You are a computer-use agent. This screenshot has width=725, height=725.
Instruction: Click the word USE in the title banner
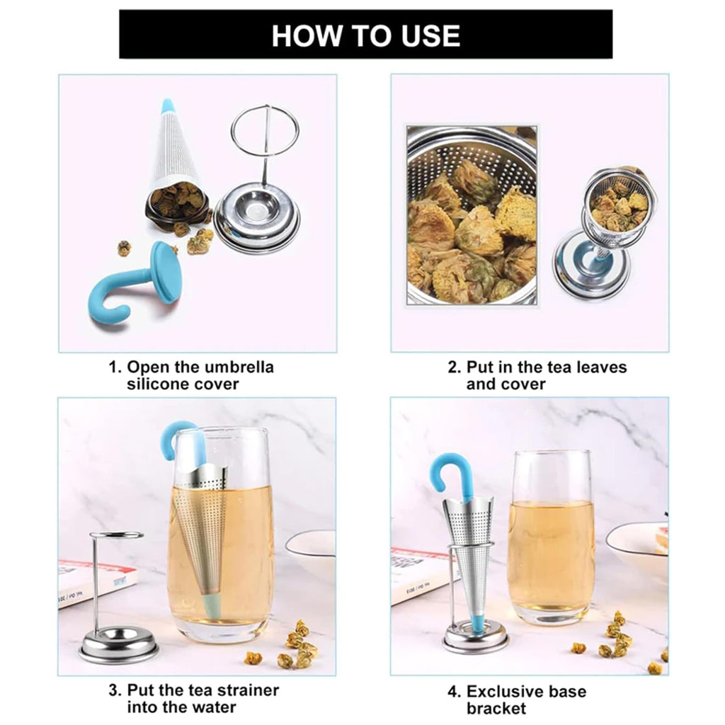(424, 35)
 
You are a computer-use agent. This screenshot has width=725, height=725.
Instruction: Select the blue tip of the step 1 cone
(168, 106)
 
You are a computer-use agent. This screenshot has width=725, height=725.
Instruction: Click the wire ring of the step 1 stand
(265, 131)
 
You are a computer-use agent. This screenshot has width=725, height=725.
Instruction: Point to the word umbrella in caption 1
(236, 367)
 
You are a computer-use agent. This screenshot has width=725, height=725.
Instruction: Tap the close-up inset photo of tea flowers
(472, 215)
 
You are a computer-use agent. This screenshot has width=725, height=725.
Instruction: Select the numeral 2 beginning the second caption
(453, 367)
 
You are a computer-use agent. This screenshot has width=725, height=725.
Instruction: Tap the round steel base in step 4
(475, 639)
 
